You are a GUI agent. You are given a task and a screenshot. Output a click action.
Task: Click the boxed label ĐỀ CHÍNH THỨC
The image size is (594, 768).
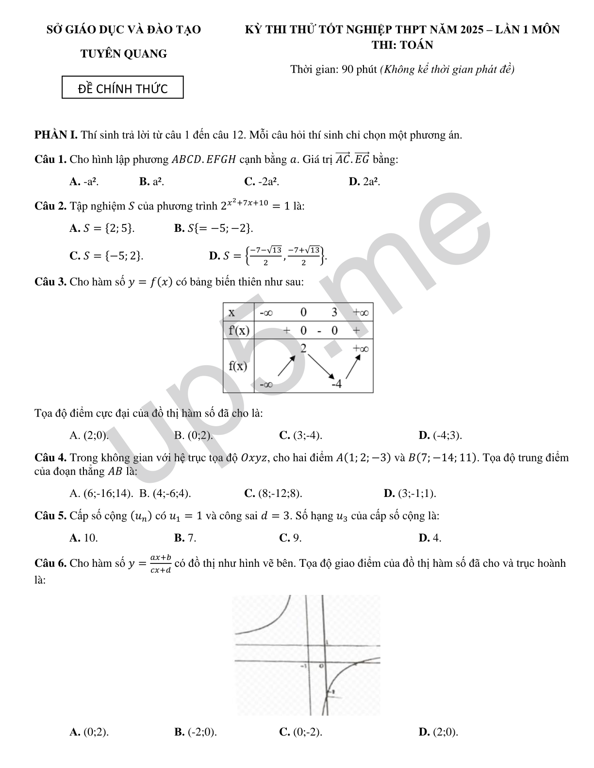[123, 88]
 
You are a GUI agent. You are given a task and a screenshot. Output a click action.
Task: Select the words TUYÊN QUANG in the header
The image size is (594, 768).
[123, 54]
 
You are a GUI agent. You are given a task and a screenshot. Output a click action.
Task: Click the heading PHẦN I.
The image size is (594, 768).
[56, 135]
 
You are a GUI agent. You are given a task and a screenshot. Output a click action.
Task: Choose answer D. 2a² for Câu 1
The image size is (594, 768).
[364, 182]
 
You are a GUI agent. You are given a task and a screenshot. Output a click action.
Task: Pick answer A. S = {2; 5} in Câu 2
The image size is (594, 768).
[102, 228]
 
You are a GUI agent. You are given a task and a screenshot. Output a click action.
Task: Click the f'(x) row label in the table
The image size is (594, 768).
[239, 331]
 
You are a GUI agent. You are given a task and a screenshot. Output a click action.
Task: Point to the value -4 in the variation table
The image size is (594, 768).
[337, 384]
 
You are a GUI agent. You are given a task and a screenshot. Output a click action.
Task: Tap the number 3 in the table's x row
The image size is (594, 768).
[334, 312]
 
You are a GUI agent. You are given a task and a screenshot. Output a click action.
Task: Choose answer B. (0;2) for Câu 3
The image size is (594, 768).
[194, 435]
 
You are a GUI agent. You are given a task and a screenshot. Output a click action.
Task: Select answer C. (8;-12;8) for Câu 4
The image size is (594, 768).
[273, 494]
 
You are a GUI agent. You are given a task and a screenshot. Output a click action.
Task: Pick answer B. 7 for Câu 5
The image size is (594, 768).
[185, 538]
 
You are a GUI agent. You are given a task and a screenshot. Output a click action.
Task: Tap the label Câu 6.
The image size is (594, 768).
[50, 563]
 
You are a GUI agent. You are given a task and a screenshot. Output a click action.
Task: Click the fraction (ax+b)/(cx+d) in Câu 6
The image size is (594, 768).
[161, 564]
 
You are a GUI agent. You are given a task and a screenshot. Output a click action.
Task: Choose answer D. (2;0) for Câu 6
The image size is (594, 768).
[438, 732]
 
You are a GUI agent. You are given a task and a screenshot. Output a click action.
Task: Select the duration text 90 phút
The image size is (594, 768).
[360, 69]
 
